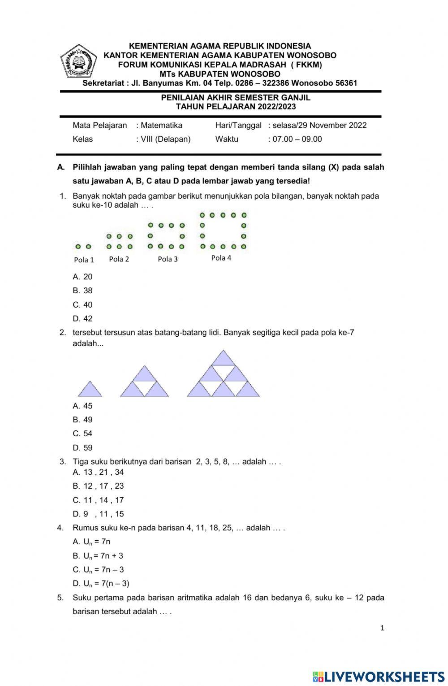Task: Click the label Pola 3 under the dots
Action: point(168,259)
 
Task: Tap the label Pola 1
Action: point(84,260)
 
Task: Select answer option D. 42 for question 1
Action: point(83,319)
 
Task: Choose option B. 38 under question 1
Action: point(83,291)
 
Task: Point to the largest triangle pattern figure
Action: point(223,375)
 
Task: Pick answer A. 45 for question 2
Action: point(83,406)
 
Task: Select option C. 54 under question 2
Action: point(83,434)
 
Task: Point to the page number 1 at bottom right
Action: point(382,628)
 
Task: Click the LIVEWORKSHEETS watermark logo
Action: point(379,676)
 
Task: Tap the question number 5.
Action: point(60,598)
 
